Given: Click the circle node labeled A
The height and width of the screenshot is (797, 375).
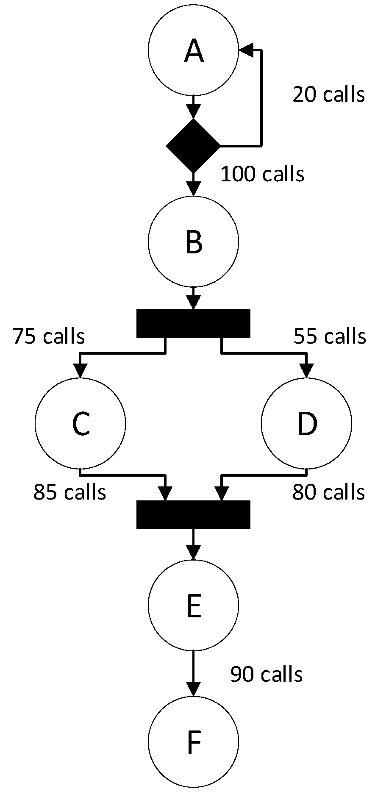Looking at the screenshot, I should pyautogui.click(x=193, y=50).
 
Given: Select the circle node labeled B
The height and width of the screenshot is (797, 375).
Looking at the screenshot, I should pyautogui.click(x=193, y=242).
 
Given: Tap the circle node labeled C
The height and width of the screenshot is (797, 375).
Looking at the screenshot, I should pyautogui.click(x=81, y=423).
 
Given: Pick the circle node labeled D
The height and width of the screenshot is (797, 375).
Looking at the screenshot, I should pyautogui.click(x=306, y=423).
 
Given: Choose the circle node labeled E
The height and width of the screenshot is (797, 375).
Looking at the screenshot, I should pyautogui.click(x=193, y=605).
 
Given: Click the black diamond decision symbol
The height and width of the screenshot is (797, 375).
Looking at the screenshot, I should pyautogui.click(x=193, y=146).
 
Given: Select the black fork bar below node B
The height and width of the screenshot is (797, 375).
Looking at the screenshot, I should pyautogui.click(x=193, y=323).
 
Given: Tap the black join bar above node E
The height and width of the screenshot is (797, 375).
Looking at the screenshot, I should pyautogui.click(x=193, y=514).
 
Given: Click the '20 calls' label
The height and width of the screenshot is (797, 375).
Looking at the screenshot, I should pyautogui.click(x=328, y=94).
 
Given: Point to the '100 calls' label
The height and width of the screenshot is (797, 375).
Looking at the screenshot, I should pyautogui.click(x=262, y=174).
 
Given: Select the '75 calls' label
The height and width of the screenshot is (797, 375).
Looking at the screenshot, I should pyautogui.click(x=49, y=336).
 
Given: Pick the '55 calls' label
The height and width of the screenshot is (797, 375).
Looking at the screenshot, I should pyautogui.click(x=330, y=336).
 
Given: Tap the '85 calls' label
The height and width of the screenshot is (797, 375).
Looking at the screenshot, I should pyautogui.click(x=70, y=492).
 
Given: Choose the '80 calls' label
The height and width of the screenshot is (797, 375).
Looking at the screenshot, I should pyautogui.click(x=328, y=492).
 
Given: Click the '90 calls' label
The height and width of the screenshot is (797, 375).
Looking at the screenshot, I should pyautogui.click(x=267, y=674).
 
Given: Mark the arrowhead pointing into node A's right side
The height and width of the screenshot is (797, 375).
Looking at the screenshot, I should pyautogui.click(x=246, y=50).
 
